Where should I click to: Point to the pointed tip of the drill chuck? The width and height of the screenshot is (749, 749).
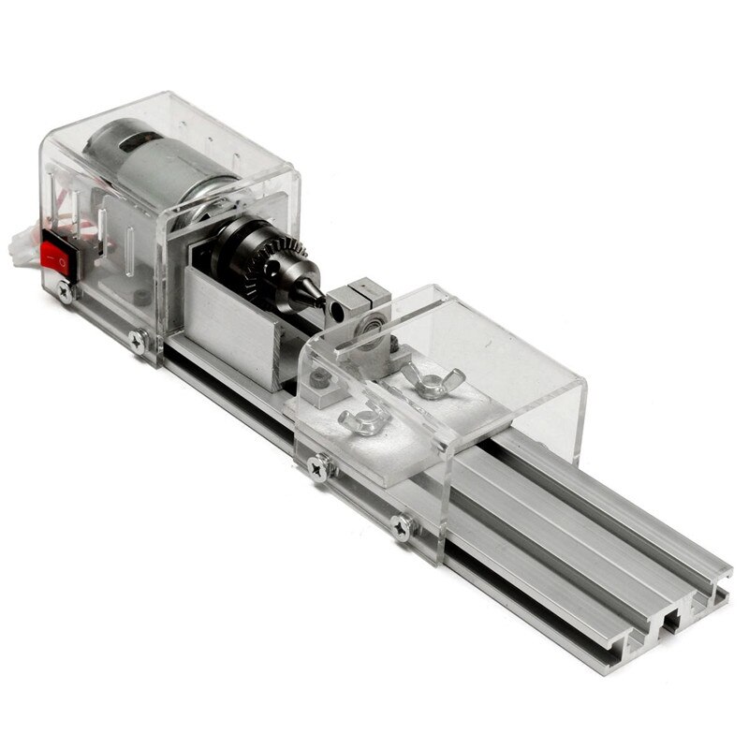tap(319, 301)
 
